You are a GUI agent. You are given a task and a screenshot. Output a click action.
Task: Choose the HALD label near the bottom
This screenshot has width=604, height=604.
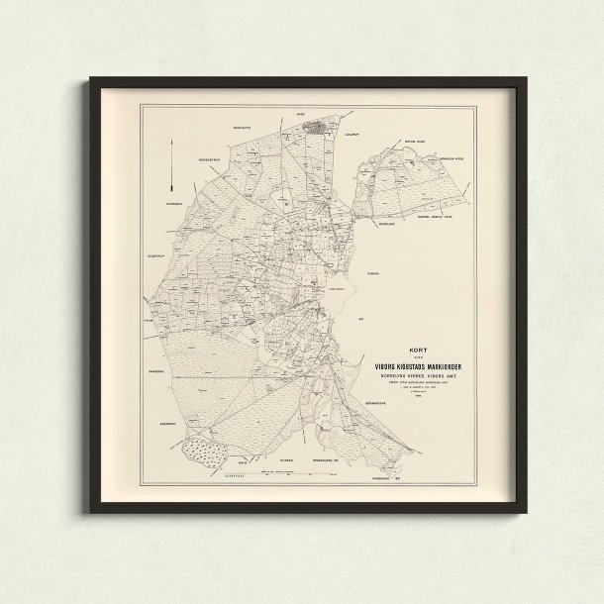click(x=244, y=459)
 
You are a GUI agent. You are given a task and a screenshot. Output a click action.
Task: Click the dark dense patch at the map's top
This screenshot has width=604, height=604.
click(x=317, y=128)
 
